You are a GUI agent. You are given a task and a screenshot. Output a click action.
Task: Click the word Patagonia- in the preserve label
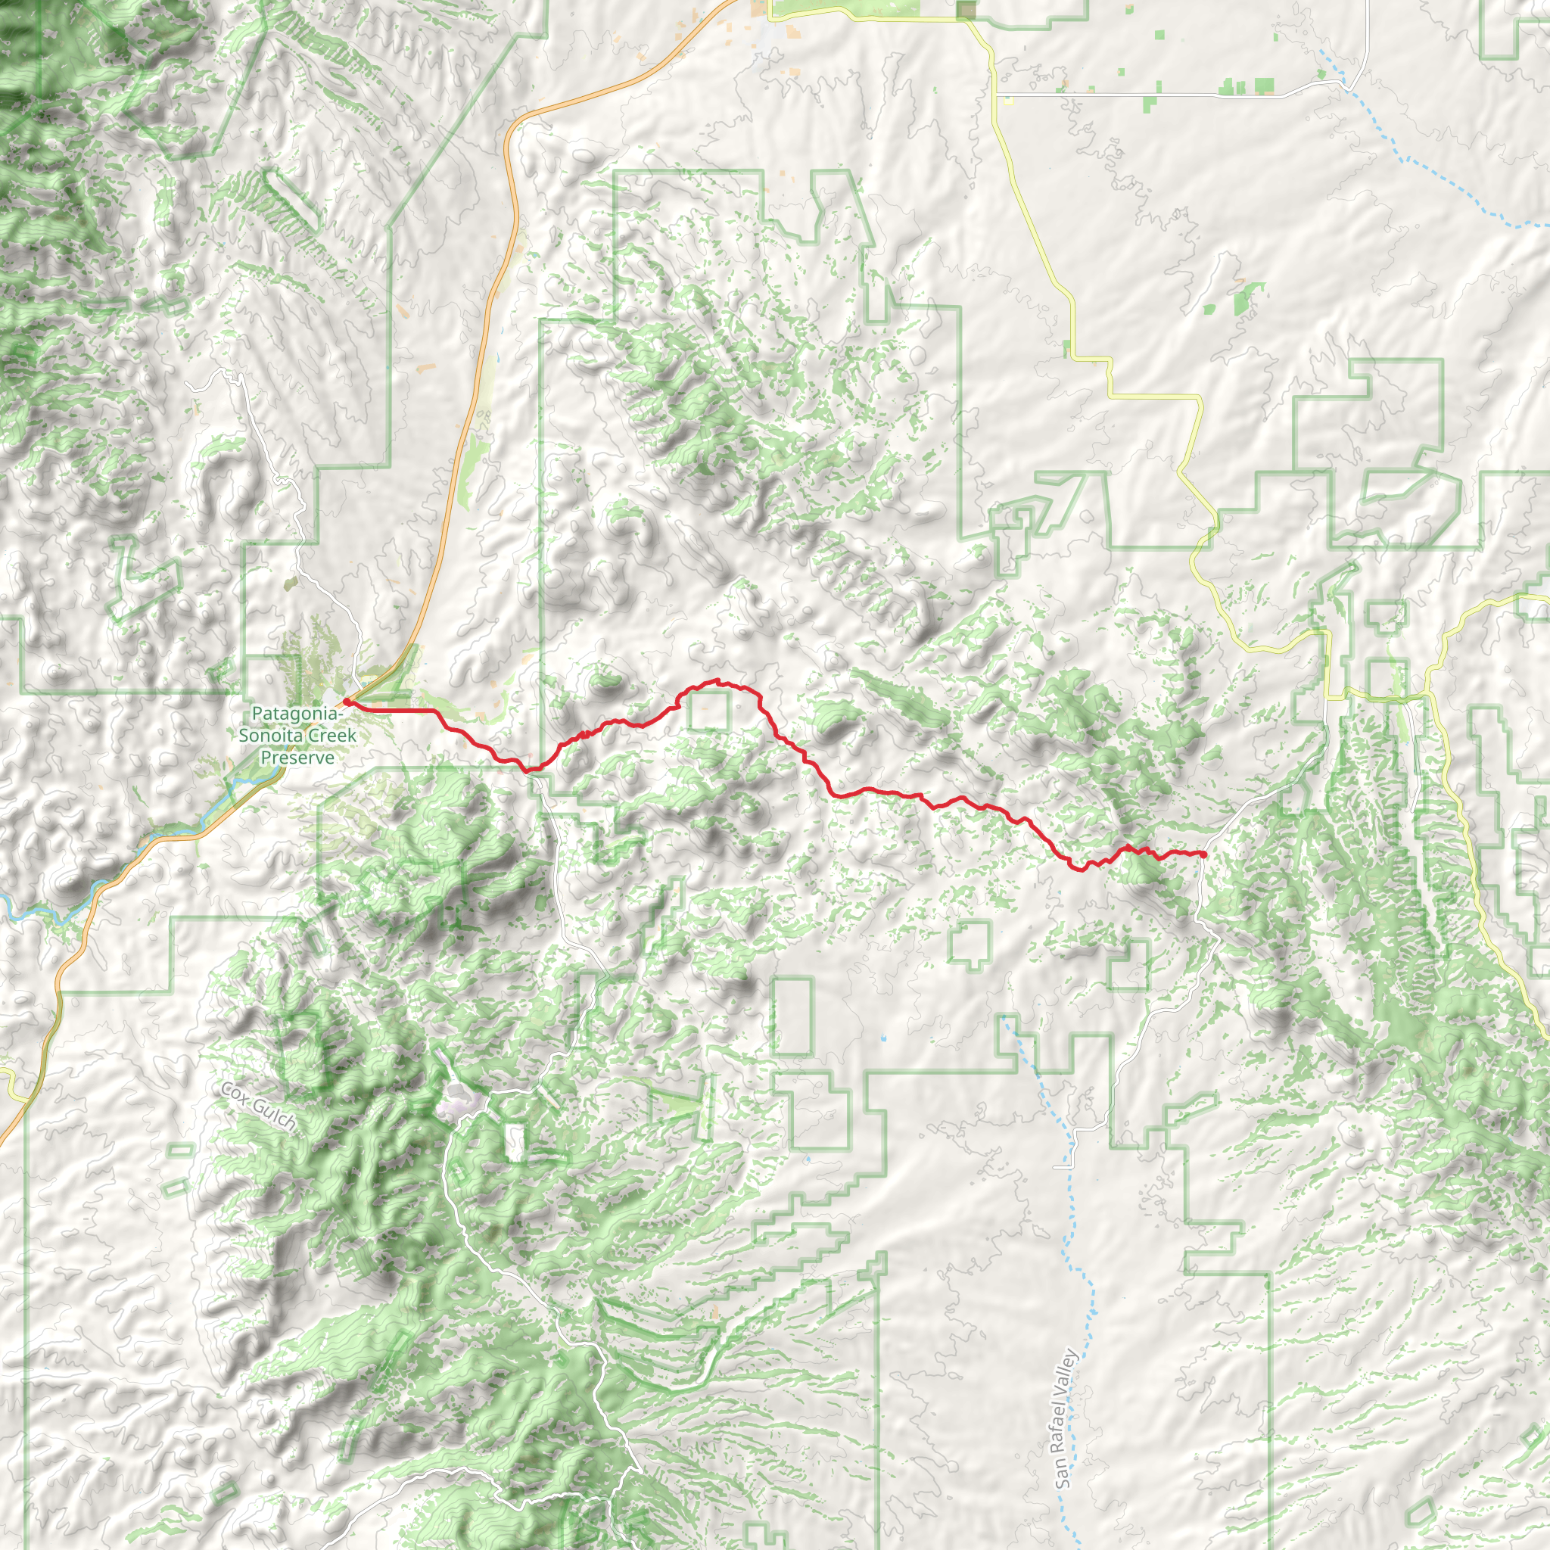(x=297, y=713)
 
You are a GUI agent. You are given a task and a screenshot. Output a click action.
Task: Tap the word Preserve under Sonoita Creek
(x=297, y=758)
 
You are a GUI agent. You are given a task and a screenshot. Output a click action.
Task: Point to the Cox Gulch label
(x=258, y=1108)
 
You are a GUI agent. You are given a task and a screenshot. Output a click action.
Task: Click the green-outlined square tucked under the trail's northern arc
(x=708, y=711)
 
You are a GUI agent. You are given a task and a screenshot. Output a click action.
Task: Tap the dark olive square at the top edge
(x=966, y=10)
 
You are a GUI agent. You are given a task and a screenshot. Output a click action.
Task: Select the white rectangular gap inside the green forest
(x=514, y=1141)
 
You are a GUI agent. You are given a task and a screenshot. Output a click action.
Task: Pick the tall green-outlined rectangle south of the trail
(x=792, y=1016)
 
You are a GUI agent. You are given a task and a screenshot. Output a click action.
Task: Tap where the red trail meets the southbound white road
(x=531, y=770)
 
